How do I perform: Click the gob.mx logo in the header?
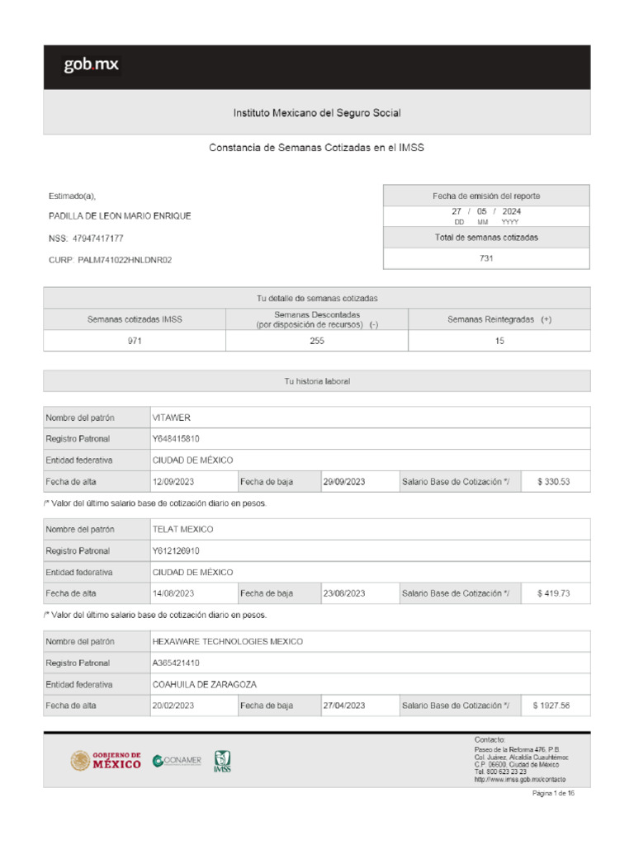(92, 66)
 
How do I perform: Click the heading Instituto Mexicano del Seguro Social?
(317, 112)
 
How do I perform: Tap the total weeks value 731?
(486, 258)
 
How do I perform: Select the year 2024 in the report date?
(510, 211)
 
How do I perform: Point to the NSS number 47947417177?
(97, 238)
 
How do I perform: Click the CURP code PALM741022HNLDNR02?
(125, 260)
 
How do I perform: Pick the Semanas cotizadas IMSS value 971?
(134, 341)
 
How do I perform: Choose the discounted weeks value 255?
(317, 341)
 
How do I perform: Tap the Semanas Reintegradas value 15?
(499, 341)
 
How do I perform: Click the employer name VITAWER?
(172, 418)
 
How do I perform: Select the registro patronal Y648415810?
(176, 439)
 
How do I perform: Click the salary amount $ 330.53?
(554, 481)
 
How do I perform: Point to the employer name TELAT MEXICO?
(182, 529)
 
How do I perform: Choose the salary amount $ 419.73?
(554, 593)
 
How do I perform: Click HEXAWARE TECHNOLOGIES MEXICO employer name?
(227, 641)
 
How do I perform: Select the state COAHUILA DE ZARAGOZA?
(204, 684)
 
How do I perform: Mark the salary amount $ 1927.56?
(551, 706)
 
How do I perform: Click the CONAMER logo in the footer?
(177, 760)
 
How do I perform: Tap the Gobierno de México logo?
(106, 760)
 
